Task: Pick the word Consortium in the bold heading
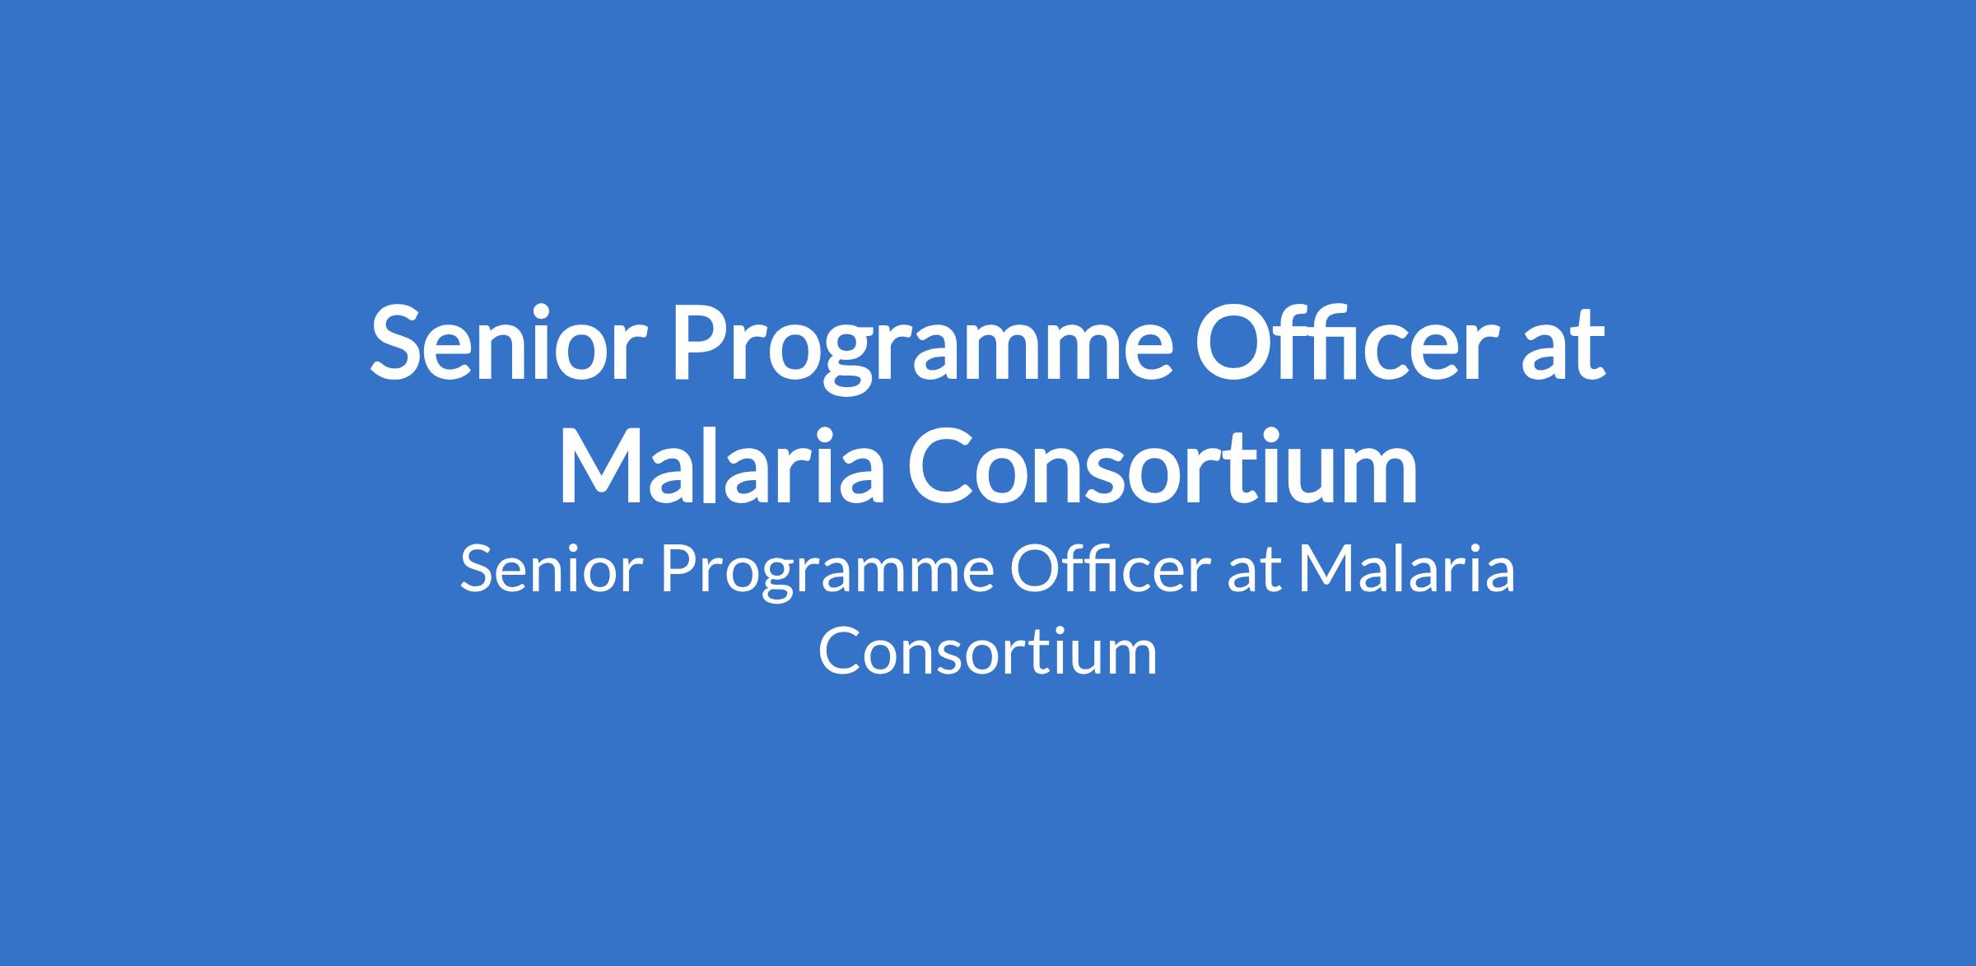point(1163,465)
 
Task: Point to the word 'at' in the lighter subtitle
point(1254,572)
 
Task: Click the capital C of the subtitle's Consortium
point(840,651)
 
